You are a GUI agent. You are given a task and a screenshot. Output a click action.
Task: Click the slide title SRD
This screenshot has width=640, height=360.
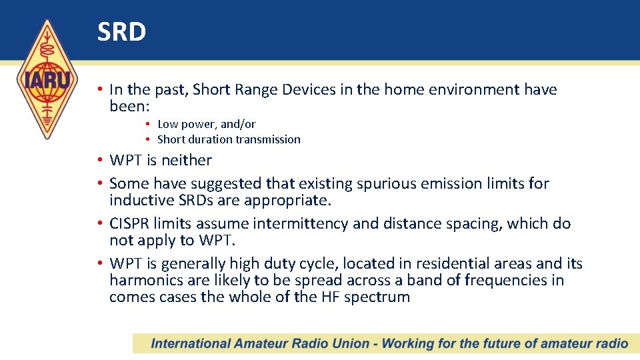pyautogui.click(x=121, y=32)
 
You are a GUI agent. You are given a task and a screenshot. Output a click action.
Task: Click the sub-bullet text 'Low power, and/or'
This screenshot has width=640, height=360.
pyautogui.click(x=206, y=124)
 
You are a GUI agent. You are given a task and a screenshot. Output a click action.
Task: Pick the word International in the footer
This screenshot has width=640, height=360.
pyautogui.click(x=190, y=344)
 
